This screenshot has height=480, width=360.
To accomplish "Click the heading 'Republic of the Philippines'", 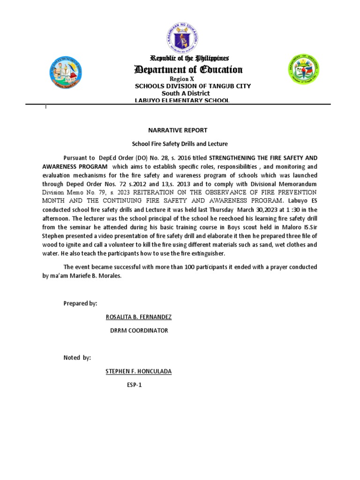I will [x=189, y=58].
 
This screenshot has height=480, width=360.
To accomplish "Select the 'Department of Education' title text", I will [x=188, y=70].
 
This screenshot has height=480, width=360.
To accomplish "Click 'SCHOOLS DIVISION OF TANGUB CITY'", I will [x=193, y=86].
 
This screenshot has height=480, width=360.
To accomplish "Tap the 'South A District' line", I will [x=182, y=93].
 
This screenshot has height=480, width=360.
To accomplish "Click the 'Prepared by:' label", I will [x=80, y=303].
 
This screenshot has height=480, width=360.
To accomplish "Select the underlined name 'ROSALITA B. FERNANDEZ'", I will [x=139, y=317].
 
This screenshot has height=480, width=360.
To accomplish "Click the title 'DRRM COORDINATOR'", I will [x=138, y=330].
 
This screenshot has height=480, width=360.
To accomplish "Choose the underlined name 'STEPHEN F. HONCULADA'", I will [x=139, y=371].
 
